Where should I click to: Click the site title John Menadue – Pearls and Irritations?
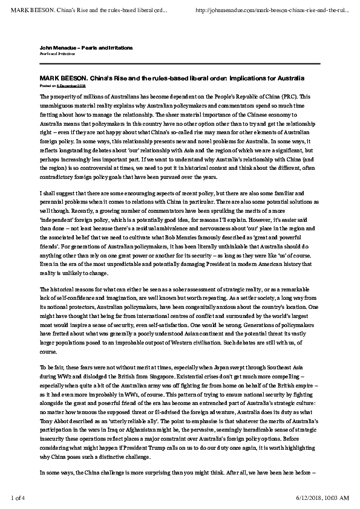pos(86,47)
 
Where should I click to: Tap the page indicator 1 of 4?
pos(22,498)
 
